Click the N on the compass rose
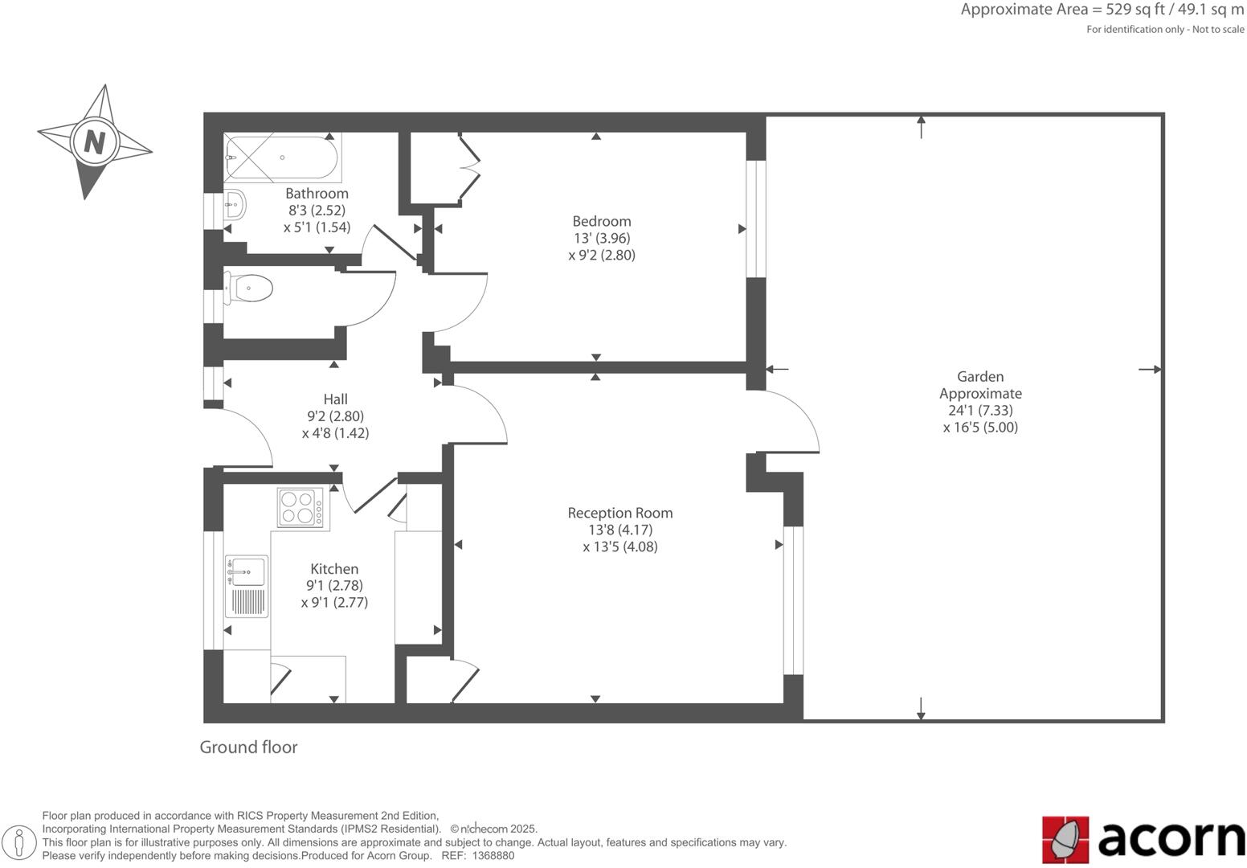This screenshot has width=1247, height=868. pyautogui.click(x=95, y=142)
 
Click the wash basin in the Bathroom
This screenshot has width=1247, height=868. pyautogui.click(x=234, y=205)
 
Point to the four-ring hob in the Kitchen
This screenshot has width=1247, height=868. pyautogui.click(x=300, y=507)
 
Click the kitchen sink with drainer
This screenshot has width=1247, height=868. pyautogui.click(x=247, y=586)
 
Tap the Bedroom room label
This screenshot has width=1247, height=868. pyautogui.click(x=601, y=221)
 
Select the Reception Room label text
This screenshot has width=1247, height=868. pyautogui.click(x=619, y=513)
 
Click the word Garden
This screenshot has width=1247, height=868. pyautogui.click(x=979, y=376)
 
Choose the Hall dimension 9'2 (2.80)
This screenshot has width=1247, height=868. pyautogui.click(x=335, y=416)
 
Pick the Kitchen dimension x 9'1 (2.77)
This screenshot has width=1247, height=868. pyautogui.click(x=334, y=602)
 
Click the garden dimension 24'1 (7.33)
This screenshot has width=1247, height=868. pyautogui.click(x=980, y=410)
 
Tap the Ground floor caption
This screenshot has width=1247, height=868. pyautogui.click(x=248, y=747)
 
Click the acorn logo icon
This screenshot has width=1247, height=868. pyautogui.click(x=1065, y=840)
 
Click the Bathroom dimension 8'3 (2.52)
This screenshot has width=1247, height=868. pyautogui.click(x=317, y=211)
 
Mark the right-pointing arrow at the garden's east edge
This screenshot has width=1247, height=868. pyautogui.click(x=1151, y=370)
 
